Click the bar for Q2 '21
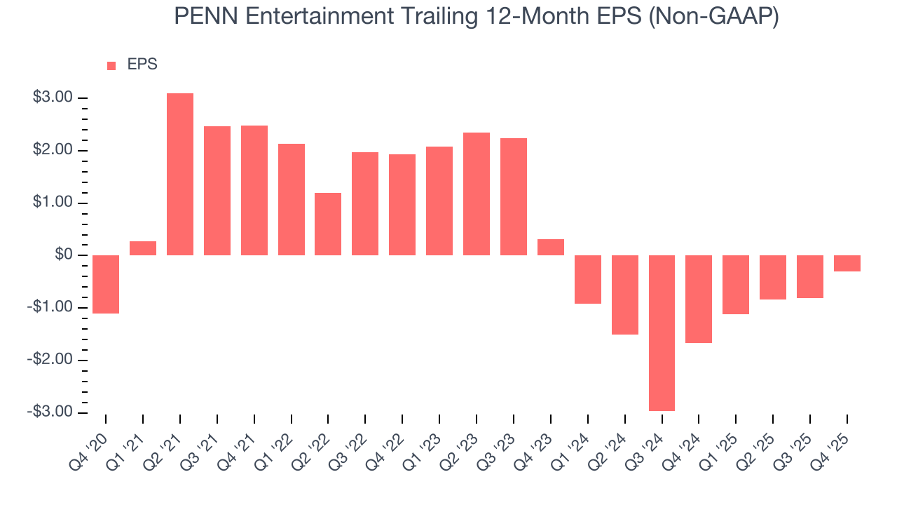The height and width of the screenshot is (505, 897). (x=180, y=174)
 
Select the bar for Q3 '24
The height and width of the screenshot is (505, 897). (x=662, y=332)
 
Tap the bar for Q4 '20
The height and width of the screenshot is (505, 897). (x=106, y=284)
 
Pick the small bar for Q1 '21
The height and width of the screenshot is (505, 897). (x=143, y=248)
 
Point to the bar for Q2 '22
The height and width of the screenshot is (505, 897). (x=328, y=224)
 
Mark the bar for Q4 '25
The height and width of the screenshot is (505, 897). (x=847, y=263)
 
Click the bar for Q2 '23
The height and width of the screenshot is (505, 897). (x=477, y=194)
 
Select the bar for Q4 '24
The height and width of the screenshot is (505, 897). (x=699, y=299)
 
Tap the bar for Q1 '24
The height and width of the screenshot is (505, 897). (x=588, y=279)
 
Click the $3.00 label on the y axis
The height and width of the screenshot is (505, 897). (x=53, y=97)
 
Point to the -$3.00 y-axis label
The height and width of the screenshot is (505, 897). (x=51, y=412)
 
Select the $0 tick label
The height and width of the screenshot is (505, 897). (x=64, y=255)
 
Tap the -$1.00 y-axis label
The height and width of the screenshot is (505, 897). (x=51, y=307)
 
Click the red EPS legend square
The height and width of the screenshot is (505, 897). (x=111, y=65)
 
